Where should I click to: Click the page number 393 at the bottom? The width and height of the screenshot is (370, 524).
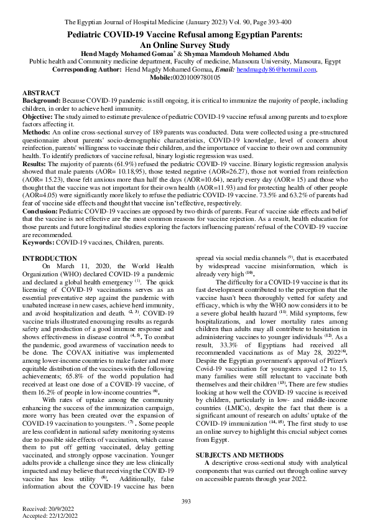click(185, 502)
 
